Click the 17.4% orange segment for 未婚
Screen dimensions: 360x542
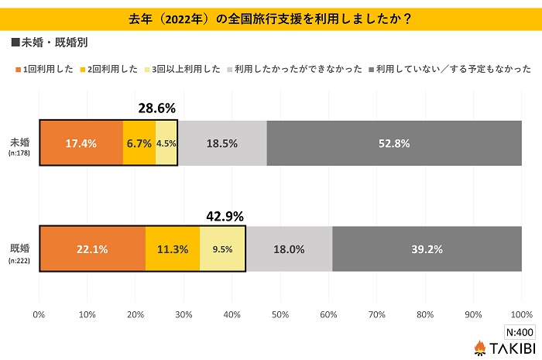click(x=81, y=143)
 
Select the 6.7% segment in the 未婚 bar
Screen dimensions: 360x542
click(x=139, y=143)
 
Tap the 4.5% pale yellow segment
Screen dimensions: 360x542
click(x=166, y=143)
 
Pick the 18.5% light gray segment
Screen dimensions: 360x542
click(x=222, y=143)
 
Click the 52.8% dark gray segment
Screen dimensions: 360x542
click(x=394, y=143)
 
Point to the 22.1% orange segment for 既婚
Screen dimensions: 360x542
click(x=92, y=249)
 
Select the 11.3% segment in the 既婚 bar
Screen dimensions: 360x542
click(x=173, y=249)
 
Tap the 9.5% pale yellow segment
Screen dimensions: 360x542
click(x=223, y=249)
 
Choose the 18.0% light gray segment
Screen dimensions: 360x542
click(x=289, y=249)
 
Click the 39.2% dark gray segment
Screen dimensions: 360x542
click(x=427, y=249)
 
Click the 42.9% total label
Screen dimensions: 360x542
click(x=224, y=215)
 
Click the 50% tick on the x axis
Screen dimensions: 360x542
click(x=280, y=314)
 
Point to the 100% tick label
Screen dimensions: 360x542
click(x=521, y=314)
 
